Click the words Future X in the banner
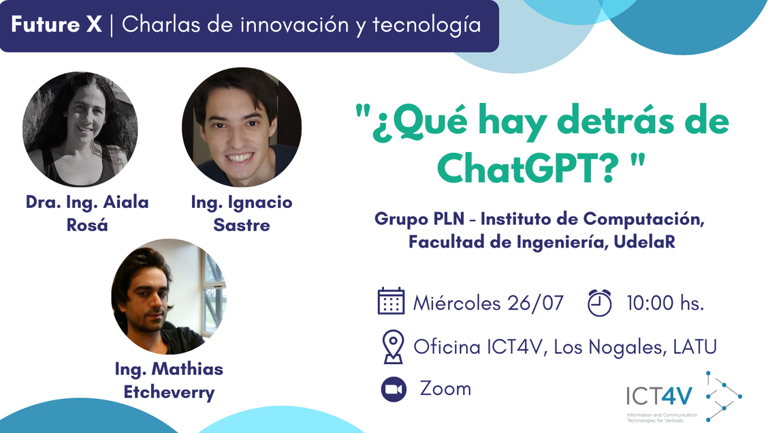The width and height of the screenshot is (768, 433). click(57, 26)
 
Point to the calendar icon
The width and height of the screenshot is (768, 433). click(391, 301)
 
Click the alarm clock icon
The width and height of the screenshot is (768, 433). click(599, 302)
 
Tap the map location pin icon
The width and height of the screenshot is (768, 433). click(393, 347)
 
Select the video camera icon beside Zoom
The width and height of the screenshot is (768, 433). click(393, 389)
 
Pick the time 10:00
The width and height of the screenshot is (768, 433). click(650, 303)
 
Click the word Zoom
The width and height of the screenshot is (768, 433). click(445, 389)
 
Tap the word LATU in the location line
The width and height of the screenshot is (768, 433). click(694, 347)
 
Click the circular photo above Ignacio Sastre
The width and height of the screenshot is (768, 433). click(242, 127)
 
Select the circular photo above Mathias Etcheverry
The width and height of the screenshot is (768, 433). click(169, 297)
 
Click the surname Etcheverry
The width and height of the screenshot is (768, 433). click(169, 392)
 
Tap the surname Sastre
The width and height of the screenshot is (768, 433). click(242, 224)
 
